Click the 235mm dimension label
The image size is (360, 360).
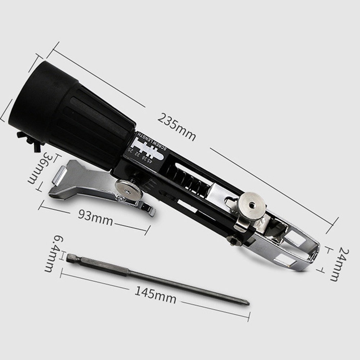[176, 127]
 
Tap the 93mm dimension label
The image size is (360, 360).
[95, 218]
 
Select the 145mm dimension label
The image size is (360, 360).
[156, 294]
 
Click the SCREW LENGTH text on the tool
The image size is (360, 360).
[152, 141]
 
